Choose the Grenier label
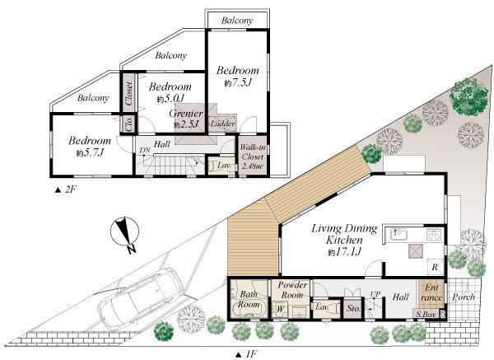click(x=187, y=113)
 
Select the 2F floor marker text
click(x=67, y=189)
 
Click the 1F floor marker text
click(x=246, y=353)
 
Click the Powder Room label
click(x=293, y=289)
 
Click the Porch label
click(x=464, y=297)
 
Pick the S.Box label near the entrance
click(x=425, y=315)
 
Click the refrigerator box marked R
click(x=435, y=269)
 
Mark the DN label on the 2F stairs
click(x=143, y=149)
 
